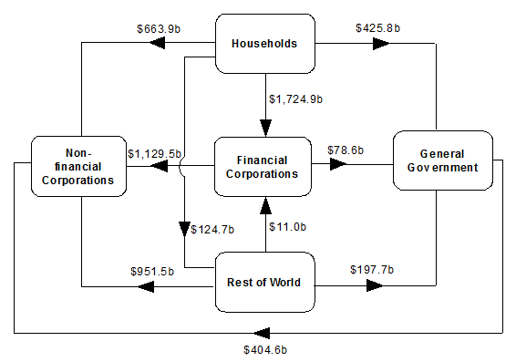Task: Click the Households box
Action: (x=266, y=43)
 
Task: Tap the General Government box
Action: (x=443, y=160)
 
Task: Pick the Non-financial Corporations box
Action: (x=77, y=166)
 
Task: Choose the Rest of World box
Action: (x=264, y=282)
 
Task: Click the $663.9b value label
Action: (x=156, y=27)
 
